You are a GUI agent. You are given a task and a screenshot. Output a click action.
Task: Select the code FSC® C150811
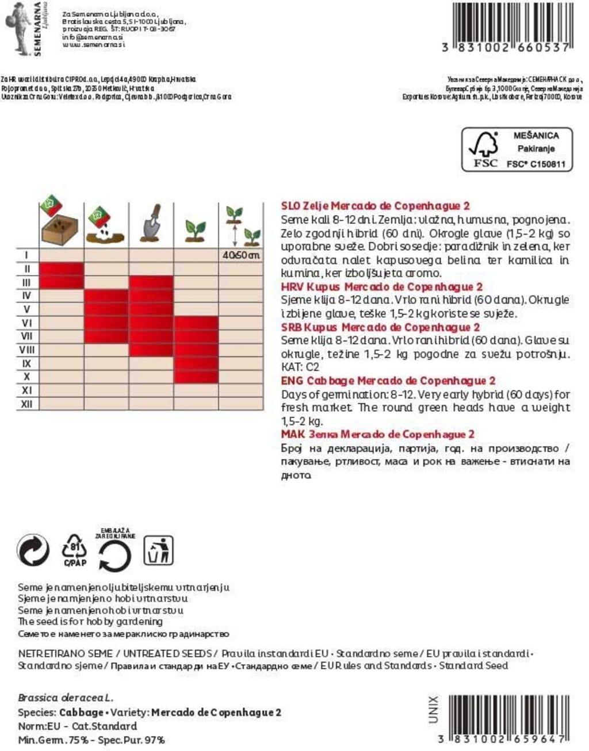[x=536, y=164]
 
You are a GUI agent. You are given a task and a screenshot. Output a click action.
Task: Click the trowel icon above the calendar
[x=151, y=224]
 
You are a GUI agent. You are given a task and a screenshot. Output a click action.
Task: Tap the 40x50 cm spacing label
[x=241, y=255]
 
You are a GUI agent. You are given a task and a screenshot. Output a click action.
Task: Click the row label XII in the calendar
[x=26, y=404]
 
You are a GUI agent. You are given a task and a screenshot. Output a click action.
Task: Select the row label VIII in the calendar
[x=26, y=350]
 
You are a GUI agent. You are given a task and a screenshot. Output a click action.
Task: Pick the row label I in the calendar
[x=26, y=255]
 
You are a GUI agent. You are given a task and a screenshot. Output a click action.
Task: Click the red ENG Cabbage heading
[x=388, y=381]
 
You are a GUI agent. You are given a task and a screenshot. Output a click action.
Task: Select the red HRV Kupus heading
[x=381, y=287]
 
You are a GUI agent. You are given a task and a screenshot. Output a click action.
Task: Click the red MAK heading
[x=377, y=434]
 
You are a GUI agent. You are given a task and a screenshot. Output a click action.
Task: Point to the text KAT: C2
[x=300, y=367]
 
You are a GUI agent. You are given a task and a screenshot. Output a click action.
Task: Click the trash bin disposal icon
[x=158, y=550]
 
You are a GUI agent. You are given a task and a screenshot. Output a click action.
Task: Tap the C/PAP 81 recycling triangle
[x=75, y=551]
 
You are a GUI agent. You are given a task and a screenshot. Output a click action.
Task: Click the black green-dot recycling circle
[x=33, y=550]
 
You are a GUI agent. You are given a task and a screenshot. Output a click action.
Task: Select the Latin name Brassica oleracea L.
[x=65, y=698]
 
